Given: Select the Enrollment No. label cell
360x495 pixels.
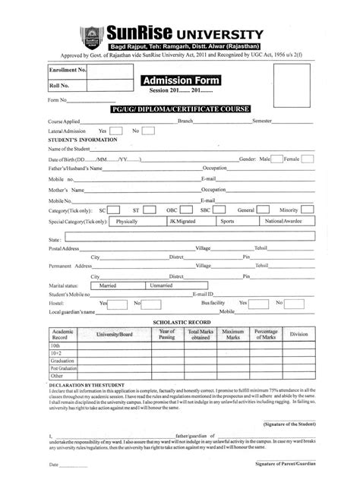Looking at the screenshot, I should tap(68, 70).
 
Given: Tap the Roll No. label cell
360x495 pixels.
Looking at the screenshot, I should tap(68, 85).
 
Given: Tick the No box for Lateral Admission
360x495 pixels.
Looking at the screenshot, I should tap(149, 131).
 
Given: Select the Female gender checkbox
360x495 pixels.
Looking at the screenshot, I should tap(308, 159).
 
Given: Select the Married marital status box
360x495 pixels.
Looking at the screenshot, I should tap(108, 285).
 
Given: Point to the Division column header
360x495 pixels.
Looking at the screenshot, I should tap(298, 335).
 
